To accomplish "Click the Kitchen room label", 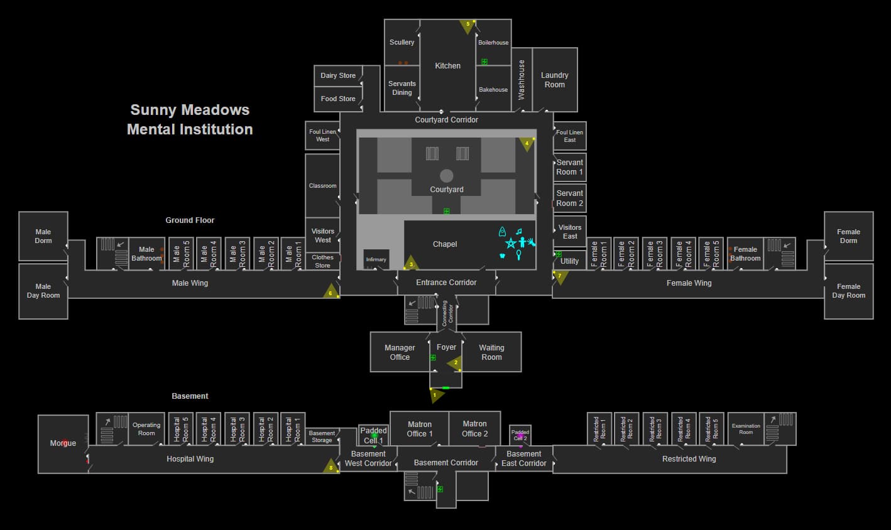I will click(x=447, y=65).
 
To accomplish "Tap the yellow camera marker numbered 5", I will click(x=467, y=25).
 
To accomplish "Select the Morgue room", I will click(x=63, y=443).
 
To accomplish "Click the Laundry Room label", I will click(x=554, y=80).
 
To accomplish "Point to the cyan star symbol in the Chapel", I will click(x=511, y=243).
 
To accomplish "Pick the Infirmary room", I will click(x=376, y=259).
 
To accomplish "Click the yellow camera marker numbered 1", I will click(x=435, y=395).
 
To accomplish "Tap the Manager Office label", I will click(x=400, y=352).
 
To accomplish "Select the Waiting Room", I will click(x=491, y=352).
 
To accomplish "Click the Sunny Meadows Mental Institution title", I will click(x=190, y=119).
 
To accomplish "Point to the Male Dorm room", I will click(x=43, y=236).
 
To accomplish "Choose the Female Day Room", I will click(x=848, y=291).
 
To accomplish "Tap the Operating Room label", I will click(x=146, y=429).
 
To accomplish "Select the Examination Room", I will click(x=746, y=429).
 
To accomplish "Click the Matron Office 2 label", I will click(x=474, y=428).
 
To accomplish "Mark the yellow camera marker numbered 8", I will click(x=331, y=467).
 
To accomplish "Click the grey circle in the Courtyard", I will click(x=447, y=175).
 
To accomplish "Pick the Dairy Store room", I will click(x=338, y=75).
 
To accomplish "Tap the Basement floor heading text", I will click(x=190, y=396).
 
